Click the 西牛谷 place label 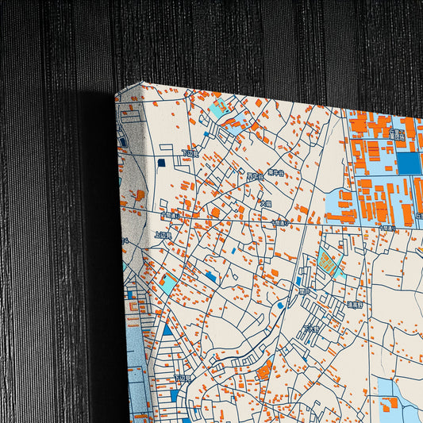(254, 176)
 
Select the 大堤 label (266, 204)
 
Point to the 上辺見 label (163, 235)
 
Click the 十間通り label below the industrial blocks (386, 227)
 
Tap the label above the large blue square (398, 135)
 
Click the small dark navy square (162, 163)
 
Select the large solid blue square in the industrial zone (408, 163)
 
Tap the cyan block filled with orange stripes (326, 260)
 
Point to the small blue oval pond (280, 305)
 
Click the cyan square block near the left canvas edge (167, 281)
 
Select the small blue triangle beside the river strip (167, 330)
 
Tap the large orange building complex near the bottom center (264, 369)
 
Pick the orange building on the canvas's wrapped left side (140, 194)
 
